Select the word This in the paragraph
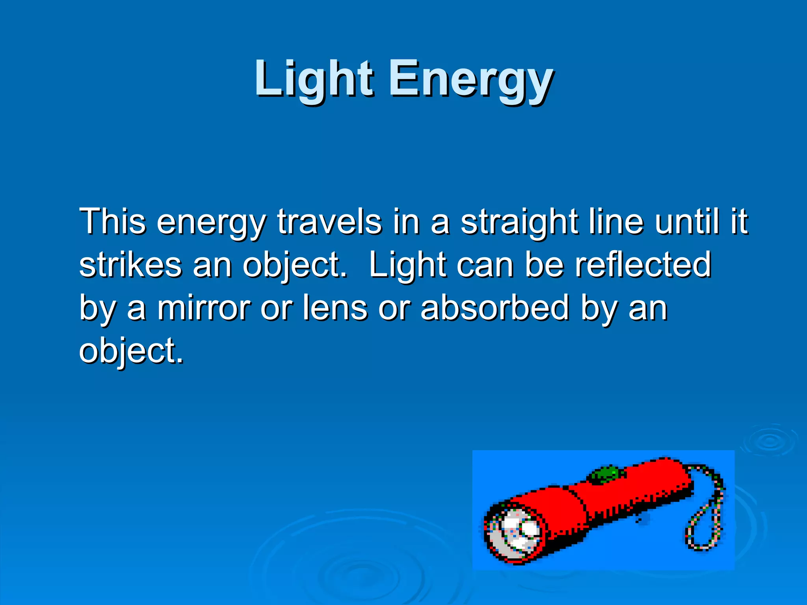(x=112, y=221)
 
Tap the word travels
(x=329, y=221)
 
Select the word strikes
(x=130, y=265)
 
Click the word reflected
(x=643, y=265)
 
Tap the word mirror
(x=204, y=308)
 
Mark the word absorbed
(x=495, y=308)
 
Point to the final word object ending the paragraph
(x=130, y=351)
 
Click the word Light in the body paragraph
(x=407, y=265)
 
